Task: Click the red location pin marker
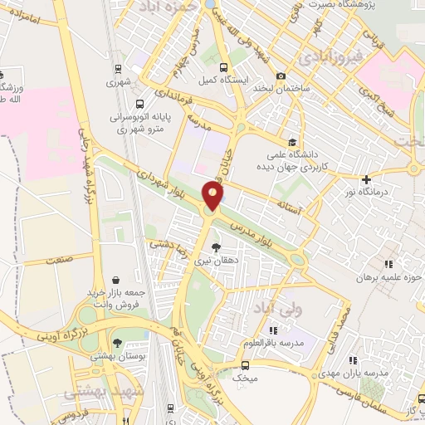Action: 213,196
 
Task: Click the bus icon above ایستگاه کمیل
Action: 222,67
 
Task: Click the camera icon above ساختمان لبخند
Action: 281,76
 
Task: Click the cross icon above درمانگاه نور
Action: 366,178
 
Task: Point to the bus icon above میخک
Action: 245,364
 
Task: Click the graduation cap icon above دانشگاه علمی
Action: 291,142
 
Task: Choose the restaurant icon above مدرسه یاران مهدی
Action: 352,360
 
